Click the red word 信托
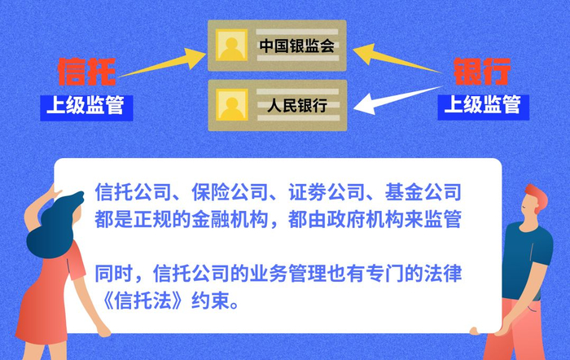tap(86, 72)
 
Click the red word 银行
tap(482, 72)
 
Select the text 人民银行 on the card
tap(297, 104)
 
